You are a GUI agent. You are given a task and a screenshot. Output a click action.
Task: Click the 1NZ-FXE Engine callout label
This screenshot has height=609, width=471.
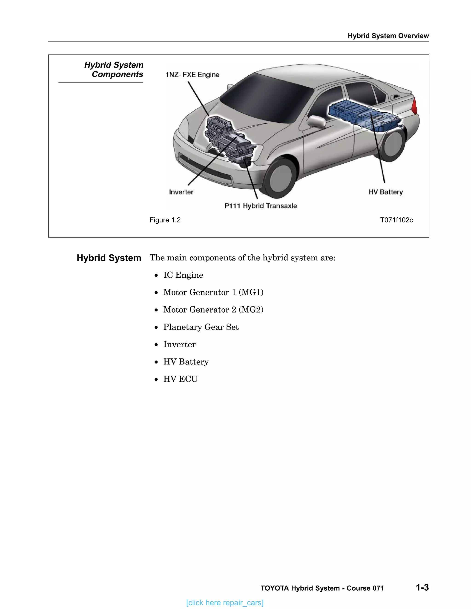(192, 75)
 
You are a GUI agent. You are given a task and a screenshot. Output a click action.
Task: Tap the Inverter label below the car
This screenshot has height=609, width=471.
(181, 192)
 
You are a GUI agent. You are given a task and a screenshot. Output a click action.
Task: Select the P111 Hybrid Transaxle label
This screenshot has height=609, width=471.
(261, 206)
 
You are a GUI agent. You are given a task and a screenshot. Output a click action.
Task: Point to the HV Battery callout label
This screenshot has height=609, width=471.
(386, 192)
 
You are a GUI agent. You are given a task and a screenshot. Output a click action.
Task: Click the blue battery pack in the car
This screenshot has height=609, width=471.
(363, 116)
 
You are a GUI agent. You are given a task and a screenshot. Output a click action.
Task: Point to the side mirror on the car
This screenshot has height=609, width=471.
(316, 121)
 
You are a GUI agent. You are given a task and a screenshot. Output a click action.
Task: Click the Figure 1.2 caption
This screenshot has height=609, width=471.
(165, 220)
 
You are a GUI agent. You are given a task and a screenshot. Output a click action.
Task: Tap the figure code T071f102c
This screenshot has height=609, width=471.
(396, 220)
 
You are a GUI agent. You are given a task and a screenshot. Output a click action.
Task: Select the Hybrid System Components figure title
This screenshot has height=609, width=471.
(114, 70)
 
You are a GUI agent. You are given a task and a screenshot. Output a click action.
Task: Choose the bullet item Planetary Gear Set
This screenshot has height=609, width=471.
(201, 327)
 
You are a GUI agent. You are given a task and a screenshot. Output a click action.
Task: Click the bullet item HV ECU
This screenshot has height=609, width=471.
(181, 379)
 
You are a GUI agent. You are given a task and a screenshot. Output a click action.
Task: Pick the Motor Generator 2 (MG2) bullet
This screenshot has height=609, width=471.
(213, 310)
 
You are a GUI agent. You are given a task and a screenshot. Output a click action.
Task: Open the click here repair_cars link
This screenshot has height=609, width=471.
(225, 603)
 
